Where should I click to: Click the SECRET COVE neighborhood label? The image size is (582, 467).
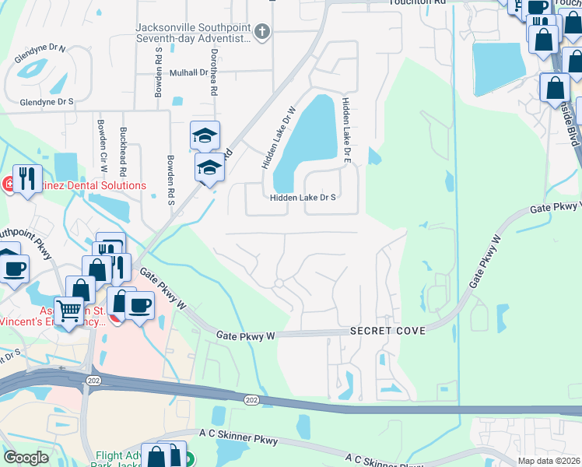point(387,331)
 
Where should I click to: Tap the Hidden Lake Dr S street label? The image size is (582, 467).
point(303,198)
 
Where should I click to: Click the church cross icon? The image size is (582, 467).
point(262,31)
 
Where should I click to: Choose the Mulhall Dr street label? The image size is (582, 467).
point(180,72)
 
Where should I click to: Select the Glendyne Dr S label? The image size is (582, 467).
point(47,101)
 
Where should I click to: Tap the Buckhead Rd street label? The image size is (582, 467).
point(123,151)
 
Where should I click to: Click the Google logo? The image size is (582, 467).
point(26,458)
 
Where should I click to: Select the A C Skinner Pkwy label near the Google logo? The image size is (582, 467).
point(238,441)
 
